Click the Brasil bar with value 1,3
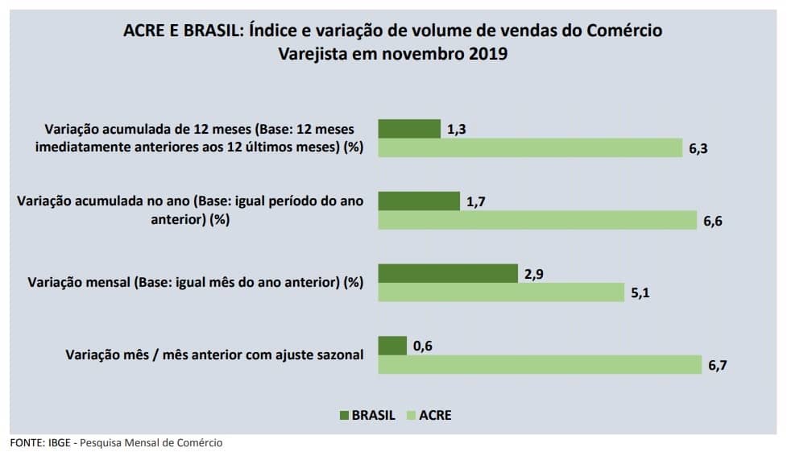(409, 129)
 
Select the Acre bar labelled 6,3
(530, 148)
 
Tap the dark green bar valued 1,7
(419, 201)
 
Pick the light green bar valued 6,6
(537, 221)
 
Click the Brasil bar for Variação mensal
(448, 273)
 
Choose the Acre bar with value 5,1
(501, 292)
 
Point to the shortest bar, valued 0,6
(392, 346)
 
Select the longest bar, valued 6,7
(540, 365)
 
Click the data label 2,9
(534, 274)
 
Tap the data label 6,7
(717, 366)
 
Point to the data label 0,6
(423, 346)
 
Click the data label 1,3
(457, 129)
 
